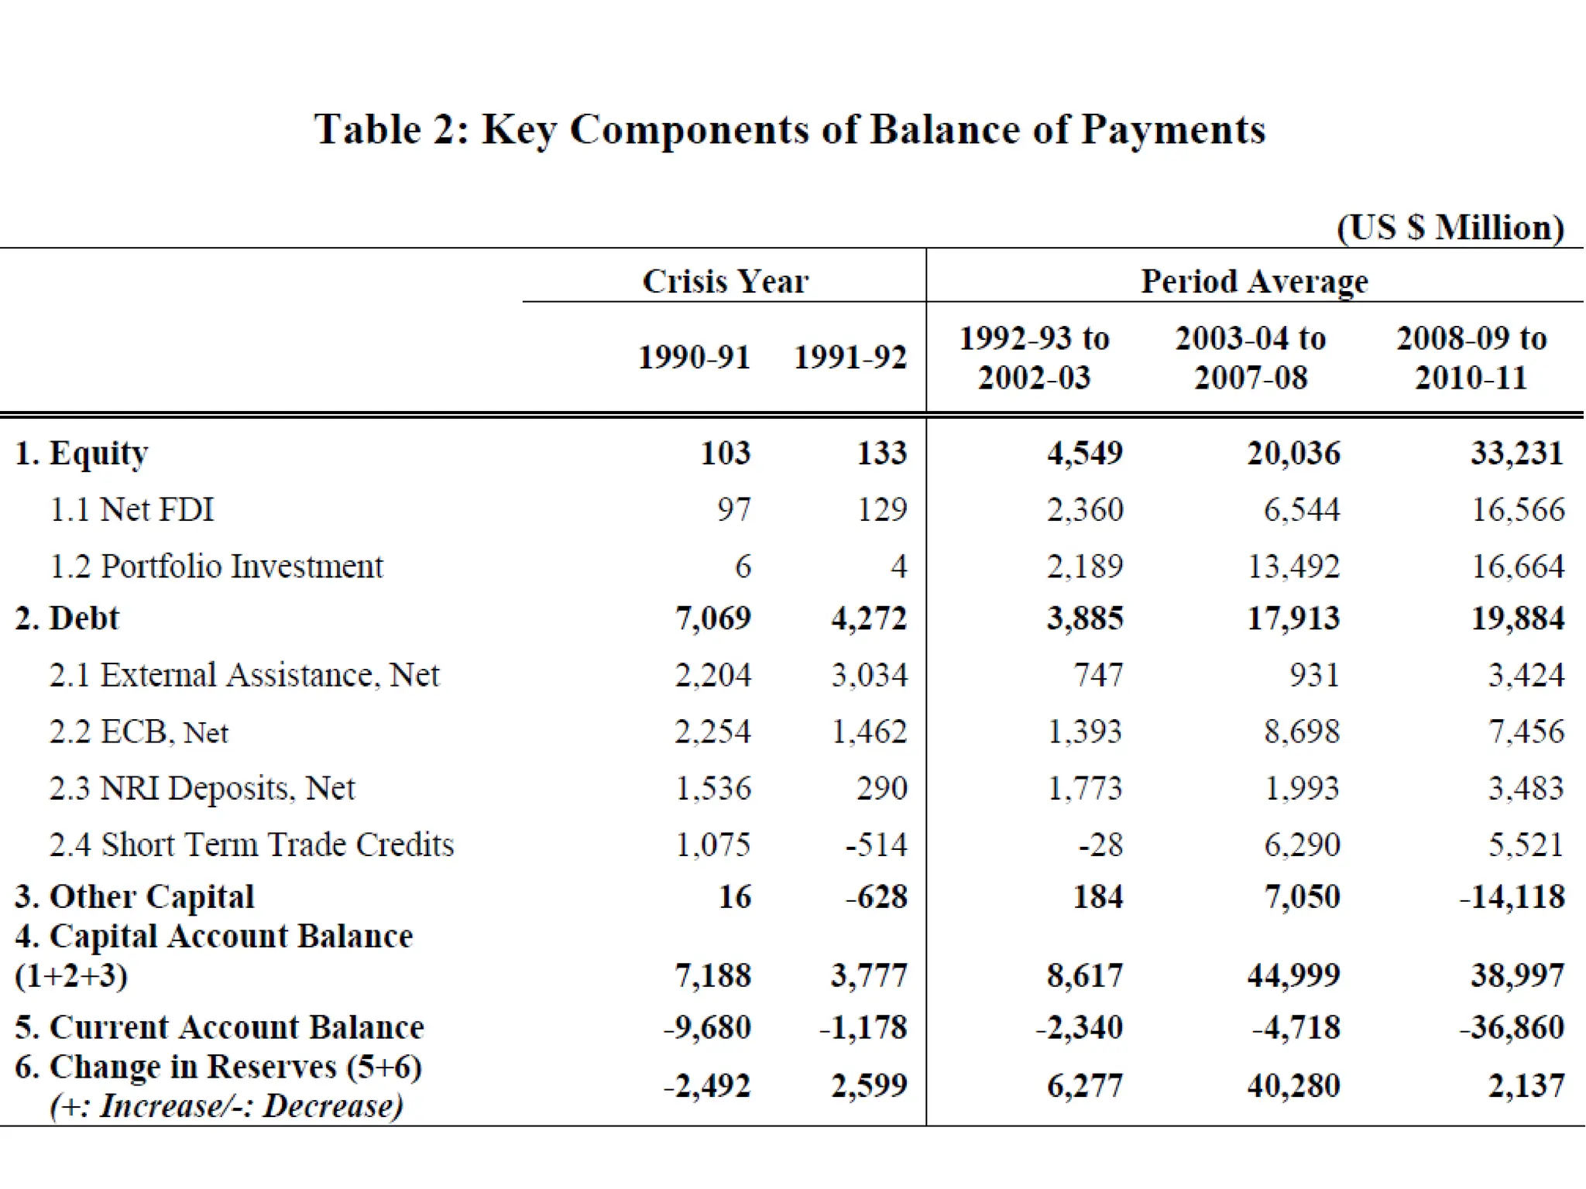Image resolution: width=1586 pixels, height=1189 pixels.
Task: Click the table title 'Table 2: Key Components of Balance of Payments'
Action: point(789,129)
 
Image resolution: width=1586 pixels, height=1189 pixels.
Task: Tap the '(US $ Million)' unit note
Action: point(1450,228)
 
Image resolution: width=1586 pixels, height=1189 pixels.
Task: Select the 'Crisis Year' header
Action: point(725,281)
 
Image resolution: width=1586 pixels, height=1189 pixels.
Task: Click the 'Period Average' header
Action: point(1254,281)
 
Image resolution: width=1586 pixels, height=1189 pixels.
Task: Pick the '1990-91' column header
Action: point(694,358)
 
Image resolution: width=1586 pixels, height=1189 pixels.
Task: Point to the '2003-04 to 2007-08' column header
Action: point(1250,358)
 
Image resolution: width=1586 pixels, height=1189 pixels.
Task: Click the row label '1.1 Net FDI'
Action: point(132,509)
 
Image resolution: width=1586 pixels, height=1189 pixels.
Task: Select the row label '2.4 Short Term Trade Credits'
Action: point(251,845)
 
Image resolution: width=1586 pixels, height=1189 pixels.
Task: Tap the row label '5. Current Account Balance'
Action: point(219,1027)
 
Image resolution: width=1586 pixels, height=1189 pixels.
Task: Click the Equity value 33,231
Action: point(1517,453)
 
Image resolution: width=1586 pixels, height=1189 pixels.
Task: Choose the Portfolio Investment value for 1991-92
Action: point(898,567)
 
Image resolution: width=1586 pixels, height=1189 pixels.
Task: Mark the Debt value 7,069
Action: point(712,618)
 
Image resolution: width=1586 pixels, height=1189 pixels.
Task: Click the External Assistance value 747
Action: point(1098,675)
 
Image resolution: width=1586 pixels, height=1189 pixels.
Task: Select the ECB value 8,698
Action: point(1301,732)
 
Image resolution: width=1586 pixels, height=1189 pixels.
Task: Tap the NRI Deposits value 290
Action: point(881,788)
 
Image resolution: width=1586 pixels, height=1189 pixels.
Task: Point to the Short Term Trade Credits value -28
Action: point(1100,845)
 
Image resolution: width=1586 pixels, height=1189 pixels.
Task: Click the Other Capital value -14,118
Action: point(1512,897)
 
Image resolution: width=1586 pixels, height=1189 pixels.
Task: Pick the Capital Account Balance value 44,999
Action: point(1293,975)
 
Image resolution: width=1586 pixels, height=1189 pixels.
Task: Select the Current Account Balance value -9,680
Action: point(707,1027)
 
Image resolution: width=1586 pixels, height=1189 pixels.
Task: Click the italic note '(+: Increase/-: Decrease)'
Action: point(226,1105)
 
